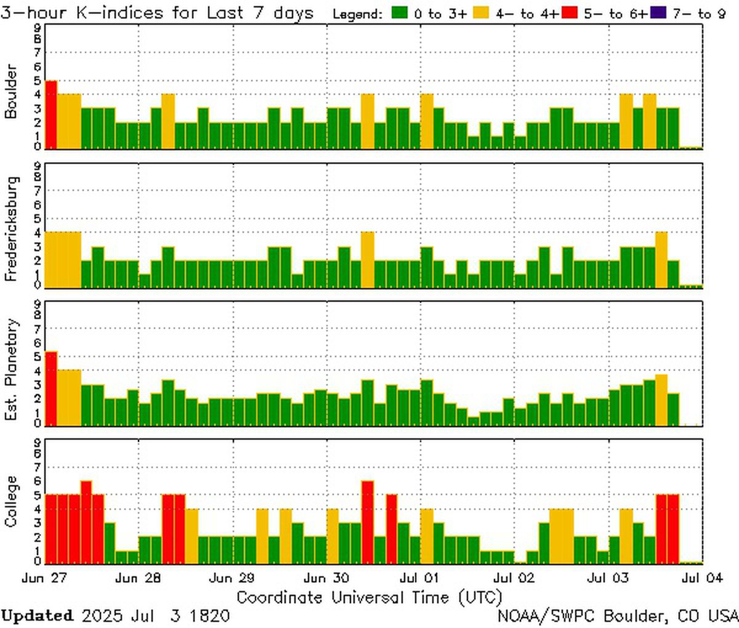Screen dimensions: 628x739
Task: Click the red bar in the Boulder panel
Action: pyautogui.click(x=51, y=115)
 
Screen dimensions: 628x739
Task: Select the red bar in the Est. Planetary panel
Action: pyautogui.click(x=51, y=388)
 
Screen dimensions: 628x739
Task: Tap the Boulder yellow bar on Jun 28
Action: pyautogui.click(x=168, y=121)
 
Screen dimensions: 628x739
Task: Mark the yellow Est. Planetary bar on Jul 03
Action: pyautogui.click(x=661, y=400)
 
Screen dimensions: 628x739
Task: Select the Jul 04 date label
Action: pyautogui.click(x=702, y=578)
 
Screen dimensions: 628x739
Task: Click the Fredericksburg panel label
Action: pyautogui.click(x=12, y=229)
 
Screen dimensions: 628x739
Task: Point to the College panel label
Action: pyautogui.click(x=12, y=501)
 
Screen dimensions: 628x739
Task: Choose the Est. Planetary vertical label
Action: pyautogui.click(x=12, y=369)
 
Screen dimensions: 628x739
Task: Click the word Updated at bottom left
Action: pyautogui.click(x=37, y=615)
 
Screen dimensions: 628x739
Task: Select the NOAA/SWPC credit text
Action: pyautogui.click(x=618, y=615)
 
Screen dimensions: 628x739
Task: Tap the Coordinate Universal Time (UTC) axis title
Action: pyautogui.click(x=369, y=597)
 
